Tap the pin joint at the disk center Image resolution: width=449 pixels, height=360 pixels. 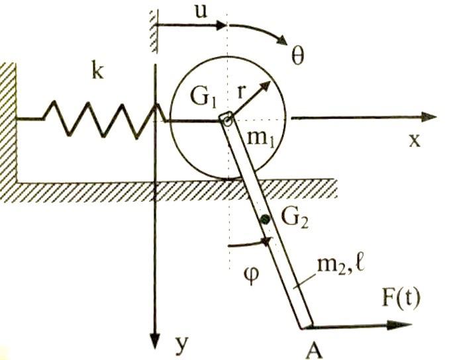[226, 119]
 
